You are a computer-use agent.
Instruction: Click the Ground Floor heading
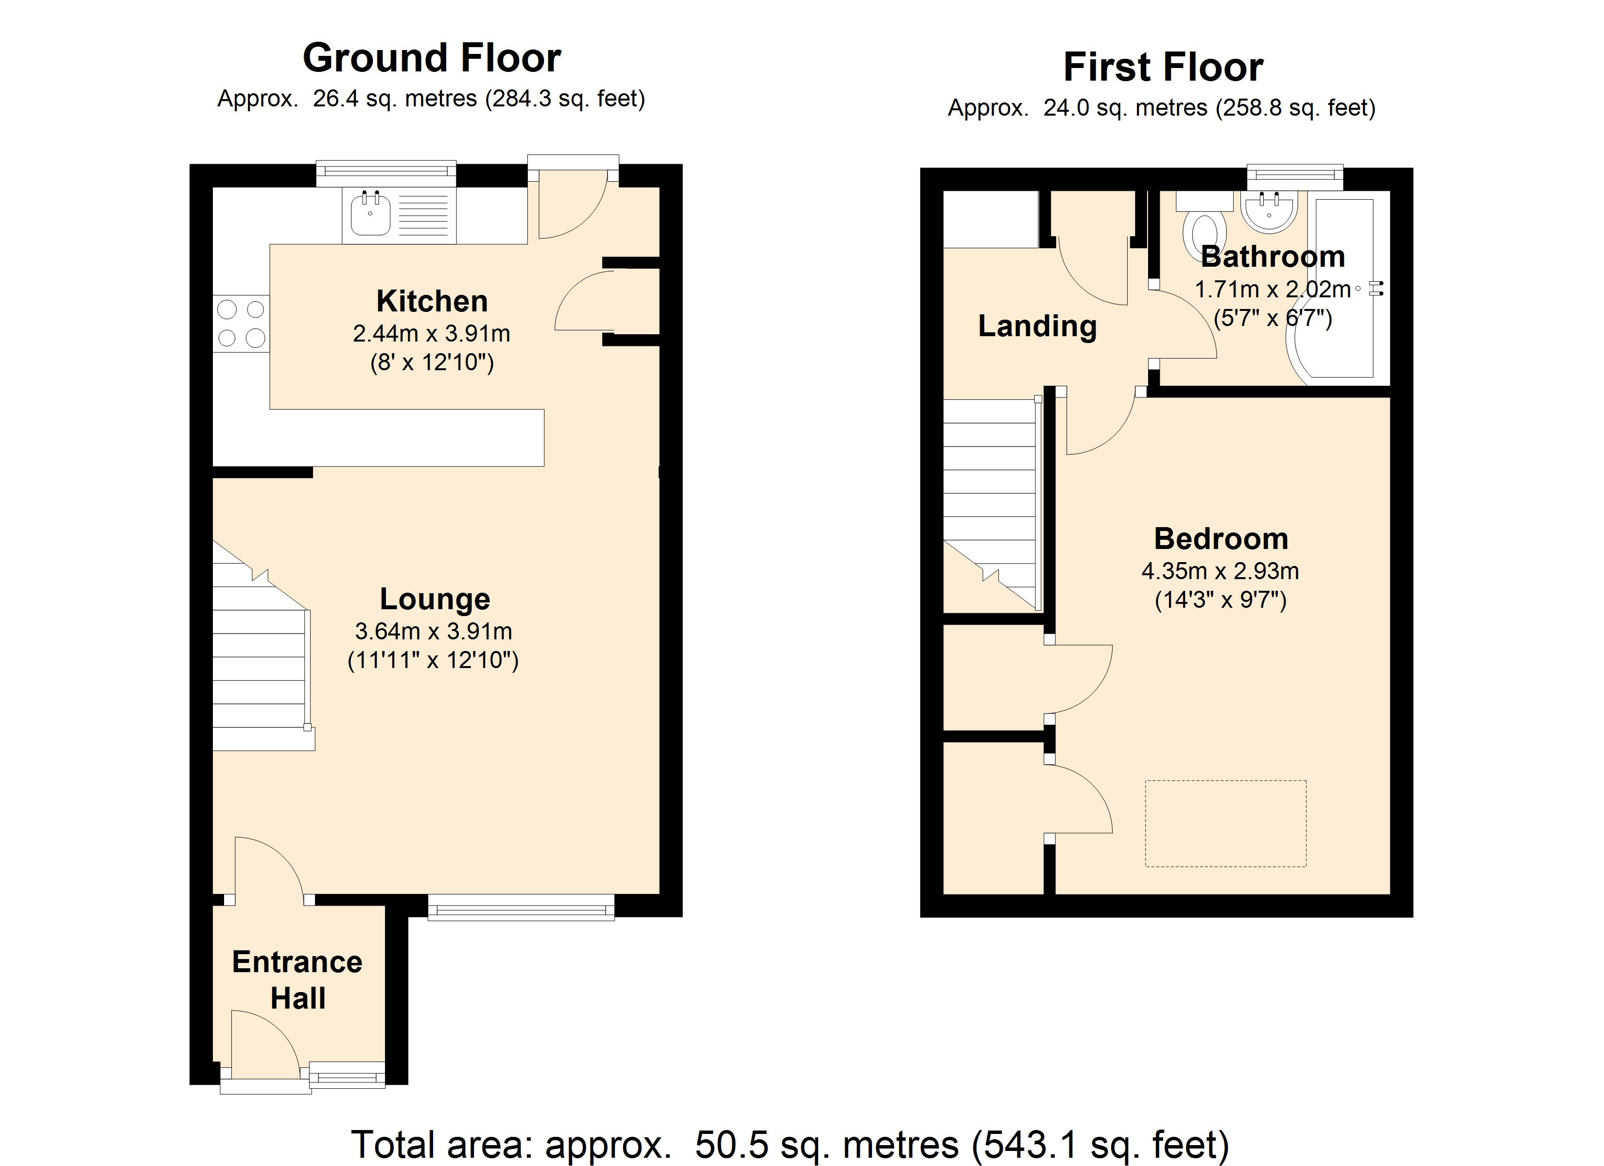(x=432, y=57)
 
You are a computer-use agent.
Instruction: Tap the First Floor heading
(x=1164, y=67)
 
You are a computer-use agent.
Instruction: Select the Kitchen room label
(x=432, y=301)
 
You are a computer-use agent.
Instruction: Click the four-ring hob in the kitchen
(x=241, y=323)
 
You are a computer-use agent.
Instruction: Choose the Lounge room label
(x=435, y=600)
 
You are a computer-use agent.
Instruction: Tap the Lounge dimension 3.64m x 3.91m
(x=434, y=631)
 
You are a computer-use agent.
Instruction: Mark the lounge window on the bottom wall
(x=521, y=907)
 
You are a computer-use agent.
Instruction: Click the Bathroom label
(x=1273, y=257)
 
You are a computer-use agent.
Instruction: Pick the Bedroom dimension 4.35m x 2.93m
(x=1220, y=571)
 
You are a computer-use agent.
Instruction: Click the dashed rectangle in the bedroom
(x=1226, y=824)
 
